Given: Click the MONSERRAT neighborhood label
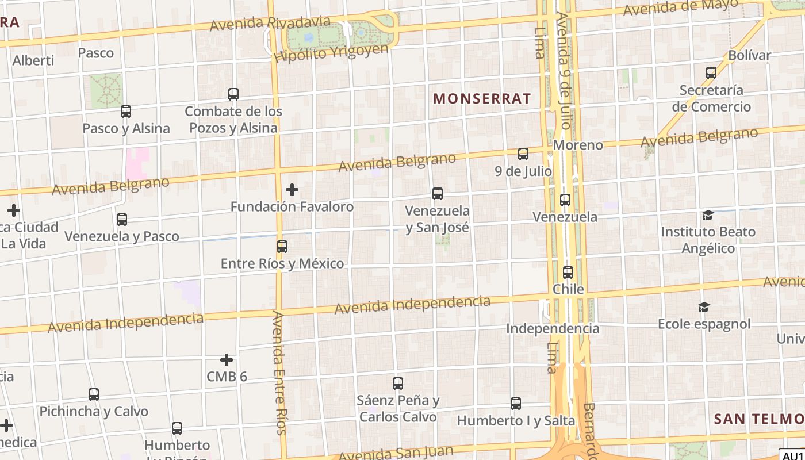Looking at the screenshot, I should point(482,98).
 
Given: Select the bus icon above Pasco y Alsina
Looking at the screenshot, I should point(125,112).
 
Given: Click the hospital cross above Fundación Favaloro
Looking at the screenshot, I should point(292,189).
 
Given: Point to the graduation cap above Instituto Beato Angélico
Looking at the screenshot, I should point(707,215).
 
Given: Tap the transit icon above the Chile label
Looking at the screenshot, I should point(568,272).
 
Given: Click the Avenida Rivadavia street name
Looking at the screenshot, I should point(270,24).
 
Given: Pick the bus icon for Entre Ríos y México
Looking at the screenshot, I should point(282,247).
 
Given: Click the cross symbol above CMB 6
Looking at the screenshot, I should point(227,360).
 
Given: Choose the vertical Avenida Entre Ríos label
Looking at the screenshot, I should point(279,373).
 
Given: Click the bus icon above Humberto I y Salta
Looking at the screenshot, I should point(516,404).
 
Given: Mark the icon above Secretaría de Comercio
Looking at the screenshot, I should point(711,73).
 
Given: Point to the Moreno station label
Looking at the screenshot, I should point(578,145).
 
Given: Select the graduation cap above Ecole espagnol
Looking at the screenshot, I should point(704,307).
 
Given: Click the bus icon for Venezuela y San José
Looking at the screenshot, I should point(438,194).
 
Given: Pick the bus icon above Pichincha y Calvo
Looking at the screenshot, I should point(94,394).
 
